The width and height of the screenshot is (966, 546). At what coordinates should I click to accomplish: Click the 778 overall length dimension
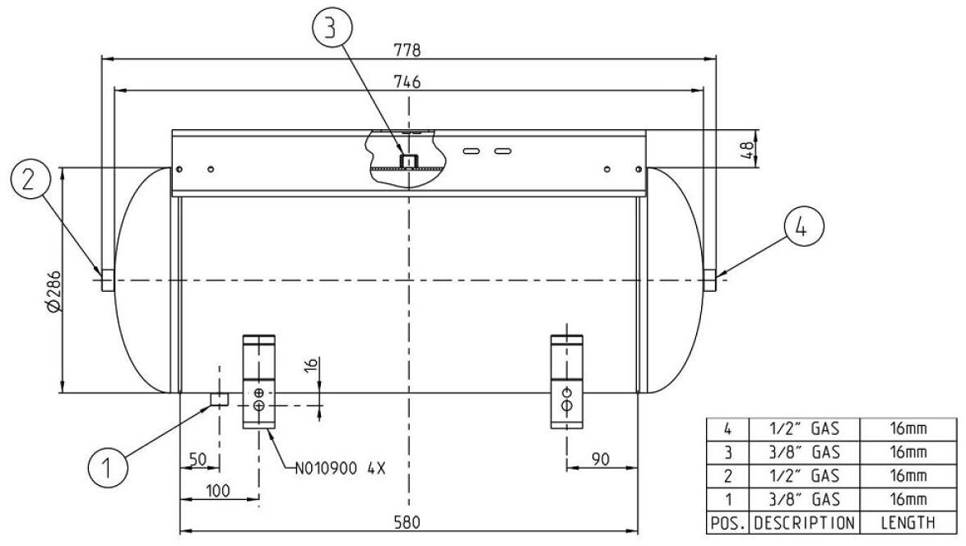408,49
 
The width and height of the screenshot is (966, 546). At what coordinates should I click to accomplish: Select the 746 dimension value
408,81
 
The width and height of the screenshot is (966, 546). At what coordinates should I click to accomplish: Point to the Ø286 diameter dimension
53,290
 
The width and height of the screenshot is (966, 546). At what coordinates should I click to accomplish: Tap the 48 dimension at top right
746,149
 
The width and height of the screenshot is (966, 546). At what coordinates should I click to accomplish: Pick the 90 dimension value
600,459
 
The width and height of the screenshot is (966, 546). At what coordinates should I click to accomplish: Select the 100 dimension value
217,491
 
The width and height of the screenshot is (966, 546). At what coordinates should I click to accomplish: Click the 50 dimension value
197,459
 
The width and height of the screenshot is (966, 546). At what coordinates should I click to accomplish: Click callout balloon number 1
108,468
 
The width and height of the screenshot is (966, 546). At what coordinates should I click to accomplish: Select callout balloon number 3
332,28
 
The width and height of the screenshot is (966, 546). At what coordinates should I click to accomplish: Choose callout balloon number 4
803,226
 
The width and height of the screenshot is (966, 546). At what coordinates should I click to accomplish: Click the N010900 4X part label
340,469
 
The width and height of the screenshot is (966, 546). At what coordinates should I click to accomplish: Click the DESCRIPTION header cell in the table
805,523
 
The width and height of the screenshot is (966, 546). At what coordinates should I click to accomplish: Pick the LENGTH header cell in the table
908,523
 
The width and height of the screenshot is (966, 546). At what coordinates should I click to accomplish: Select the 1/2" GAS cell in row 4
805,428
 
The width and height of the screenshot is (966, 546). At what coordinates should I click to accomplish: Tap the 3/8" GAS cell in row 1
805,498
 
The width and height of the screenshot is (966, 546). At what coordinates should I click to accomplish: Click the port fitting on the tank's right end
710,280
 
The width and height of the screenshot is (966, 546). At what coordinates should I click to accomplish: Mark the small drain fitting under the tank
219,399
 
